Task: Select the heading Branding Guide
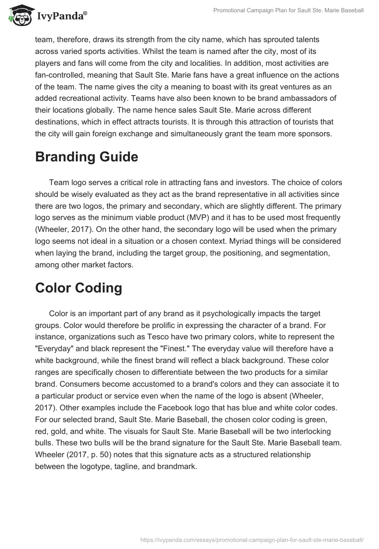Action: click(x=86, y=157)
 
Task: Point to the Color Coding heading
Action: click(x=78, y=288)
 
